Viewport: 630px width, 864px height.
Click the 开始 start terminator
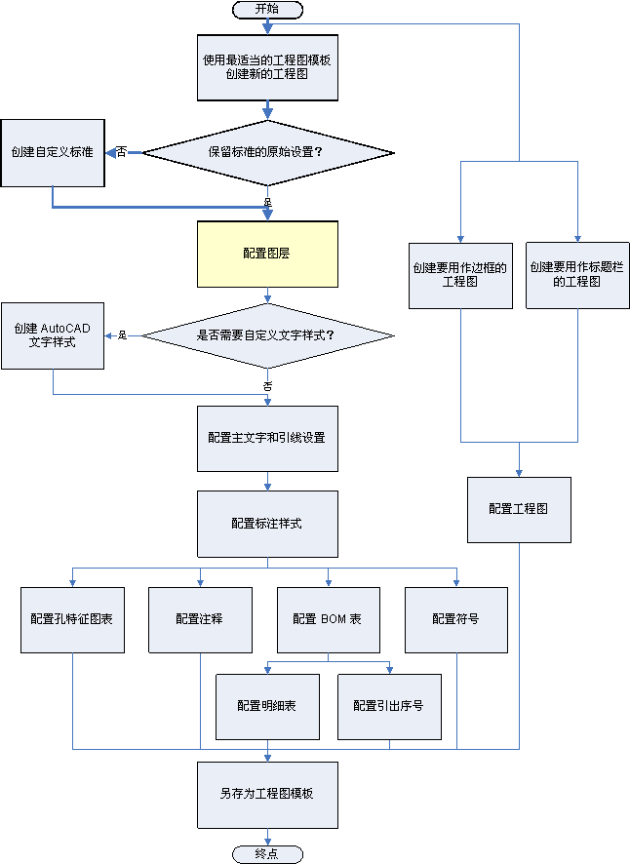[267, 9]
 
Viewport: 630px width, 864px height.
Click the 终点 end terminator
[267, 854]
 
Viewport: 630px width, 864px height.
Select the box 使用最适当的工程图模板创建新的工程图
[267, 66]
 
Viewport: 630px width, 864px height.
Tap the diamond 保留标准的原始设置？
[267, 152]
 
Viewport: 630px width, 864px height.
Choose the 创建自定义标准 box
[53, 152]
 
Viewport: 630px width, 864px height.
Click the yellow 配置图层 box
[267, 254]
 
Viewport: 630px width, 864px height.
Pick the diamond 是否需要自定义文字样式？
[267, 335]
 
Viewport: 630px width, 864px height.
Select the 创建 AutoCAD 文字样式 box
[53, 335]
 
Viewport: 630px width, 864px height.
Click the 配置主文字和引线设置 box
[267, 438]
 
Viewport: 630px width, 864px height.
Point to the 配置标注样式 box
[267, 523]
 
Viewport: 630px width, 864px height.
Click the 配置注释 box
[200, 619]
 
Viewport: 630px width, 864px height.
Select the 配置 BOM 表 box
[328, 619]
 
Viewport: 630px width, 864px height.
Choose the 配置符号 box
[455, 619]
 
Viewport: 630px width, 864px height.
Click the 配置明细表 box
[267, 706]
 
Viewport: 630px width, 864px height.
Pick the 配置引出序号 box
[389, 706]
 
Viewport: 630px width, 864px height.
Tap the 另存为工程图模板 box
[267, 794]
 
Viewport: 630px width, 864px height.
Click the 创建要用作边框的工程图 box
[460, 274]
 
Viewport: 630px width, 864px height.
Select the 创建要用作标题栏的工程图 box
[577, 274]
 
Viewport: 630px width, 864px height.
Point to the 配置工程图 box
[519, 509]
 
